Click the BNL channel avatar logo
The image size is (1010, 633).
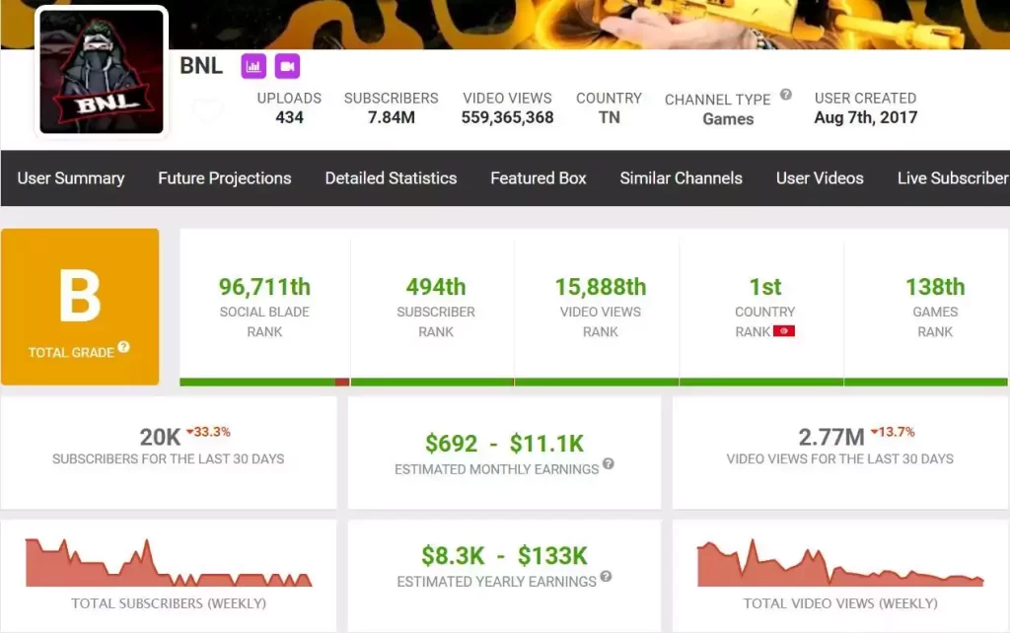point(102,71)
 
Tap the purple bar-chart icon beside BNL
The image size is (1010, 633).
point(253,66)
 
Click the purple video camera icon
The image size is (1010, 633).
point(287,66)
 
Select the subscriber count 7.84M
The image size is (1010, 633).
point(391,117)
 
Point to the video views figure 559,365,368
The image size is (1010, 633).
point(508,118)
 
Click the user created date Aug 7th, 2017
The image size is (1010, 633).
point(866,117)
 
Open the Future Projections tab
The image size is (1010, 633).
point(225,178)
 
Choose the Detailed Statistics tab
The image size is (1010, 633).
point(391,178)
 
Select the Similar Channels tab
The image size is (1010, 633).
point(681,178)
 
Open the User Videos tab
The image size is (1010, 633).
point(820,178)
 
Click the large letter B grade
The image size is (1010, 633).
point(80,296)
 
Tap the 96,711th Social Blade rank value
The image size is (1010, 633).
point(264,287)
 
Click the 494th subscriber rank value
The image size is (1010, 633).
point(436,287)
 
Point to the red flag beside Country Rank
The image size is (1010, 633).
point(784,331)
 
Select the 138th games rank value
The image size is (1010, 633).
point(935,287)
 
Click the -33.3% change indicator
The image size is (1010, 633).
point(208,432)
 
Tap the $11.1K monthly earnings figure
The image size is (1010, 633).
point(546,444)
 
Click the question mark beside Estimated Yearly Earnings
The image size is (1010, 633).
point(607,577)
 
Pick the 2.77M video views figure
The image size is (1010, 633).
point(831,437)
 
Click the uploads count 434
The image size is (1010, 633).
point(289,117)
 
